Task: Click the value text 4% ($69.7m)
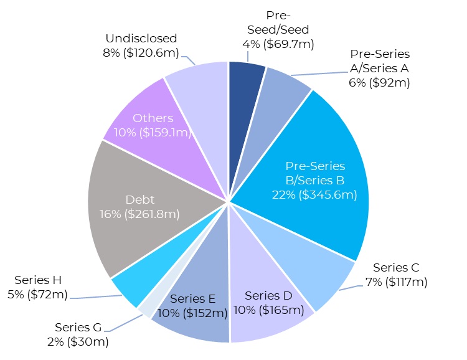point(278,44)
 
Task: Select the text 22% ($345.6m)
point(314,195)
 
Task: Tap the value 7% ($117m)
point(397,282)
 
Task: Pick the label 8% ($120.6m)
point(139,52)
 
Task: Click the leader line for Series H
point(93,298)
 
